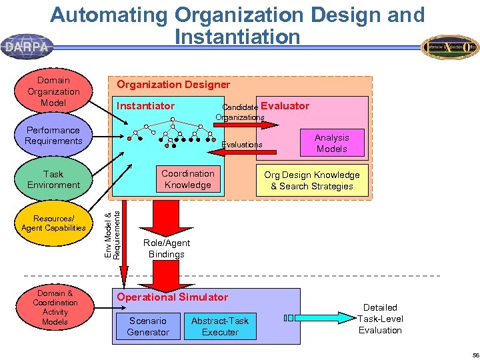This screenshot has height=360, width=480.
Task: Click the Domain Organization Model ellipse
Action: [53, 91]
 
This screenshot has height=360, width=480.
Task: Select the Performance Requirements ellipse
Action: [53, 135]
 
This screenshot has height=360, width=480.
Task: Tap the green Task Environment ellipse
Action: [53, 179]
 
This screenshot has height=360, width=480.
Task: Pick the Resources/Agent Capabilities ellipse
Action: [53, 223]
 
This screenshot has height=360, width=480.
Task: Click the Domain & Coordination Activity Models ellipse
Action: [55, 307]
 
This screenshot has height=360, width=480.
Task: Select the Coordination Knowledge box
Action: [188, 179]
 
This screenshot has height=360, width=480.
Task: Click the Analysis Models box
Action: [332, 143]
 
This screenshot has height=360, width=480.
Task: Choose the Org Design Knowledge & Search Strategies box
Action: [312, 181]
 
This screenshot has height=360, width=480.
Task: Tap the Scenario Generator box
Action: [148, 326]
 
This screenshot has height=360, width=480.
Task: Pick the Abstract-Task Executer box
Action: [220, 326]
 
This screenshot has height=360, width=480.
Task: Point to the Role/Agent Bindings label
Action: [167, 249]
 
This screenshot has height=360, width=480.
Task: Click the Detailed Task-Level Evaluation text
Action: [381, 319]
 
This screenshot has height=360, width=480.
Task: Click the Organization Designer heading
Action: [173, 85]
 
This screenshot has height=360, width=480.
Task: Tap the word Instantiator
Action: [145, 106]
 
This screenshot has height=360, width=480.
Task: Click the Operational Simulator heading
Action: [173, 297]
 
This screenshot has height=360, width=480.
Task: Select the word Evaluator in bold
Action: [285, 105]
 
